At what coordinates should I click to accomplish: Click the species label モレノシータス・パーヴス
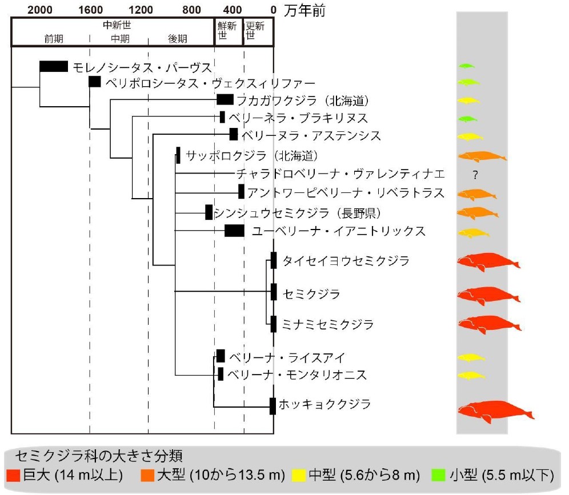click(x=142, y=67)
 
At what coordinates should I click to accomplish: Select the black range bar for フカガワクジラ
click(x=225, y=100)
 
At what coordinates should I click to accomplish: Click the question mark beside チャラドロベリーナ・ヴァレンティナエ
click(x=475, y=175)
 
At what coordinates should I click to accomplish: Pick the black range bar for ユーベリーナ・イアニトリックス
click(x=234, y=231)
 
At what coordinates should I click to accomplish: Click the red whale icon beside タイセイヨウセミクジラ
click(x=487, y=261)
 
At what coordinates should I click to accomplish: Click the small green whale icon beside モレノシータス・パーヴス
click(x=466, y=66)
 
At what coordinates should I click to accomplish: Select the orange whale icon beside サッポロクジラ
click(x=480, y=156)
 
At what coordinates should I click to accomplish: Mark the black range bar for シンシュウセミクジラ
click(x=209, y=212)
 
